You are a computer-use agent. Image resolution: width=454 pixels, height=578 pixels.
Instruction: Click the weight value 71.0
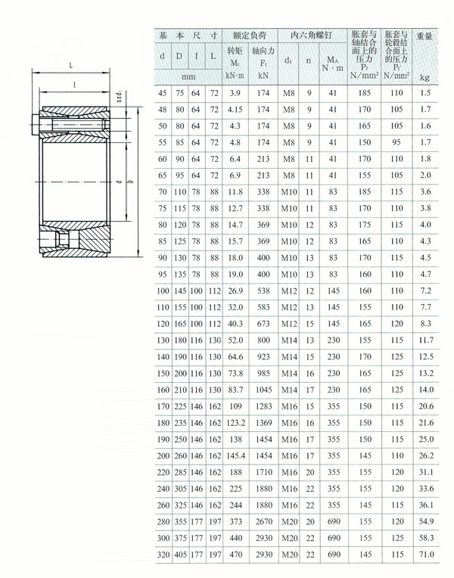click(x=425, y=555)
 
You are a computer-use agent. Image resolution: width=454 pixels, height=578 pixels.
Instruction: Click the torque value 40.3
click(x=235, y=324)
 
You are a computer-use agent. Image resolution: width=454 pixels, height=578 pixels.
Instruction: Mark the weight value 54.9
click(x=425, y=521)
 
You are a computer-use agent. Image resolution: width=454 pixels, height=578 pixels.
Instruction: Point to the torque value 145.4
click(x=235, y=455)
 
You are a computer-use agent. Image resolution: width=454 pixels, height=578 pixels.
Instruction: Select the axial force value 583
click(x=263, y=307)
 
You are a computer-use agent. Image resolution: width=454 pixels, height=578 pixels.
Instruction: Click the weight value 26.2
click(x=425, y=455)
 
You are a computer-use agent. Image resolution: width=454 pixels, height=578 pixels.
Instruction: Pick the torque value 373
click(x=235, y=521)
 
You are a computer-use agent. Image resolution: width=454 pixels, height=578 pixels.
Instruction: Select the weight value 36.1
click(x=425, y=505)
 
